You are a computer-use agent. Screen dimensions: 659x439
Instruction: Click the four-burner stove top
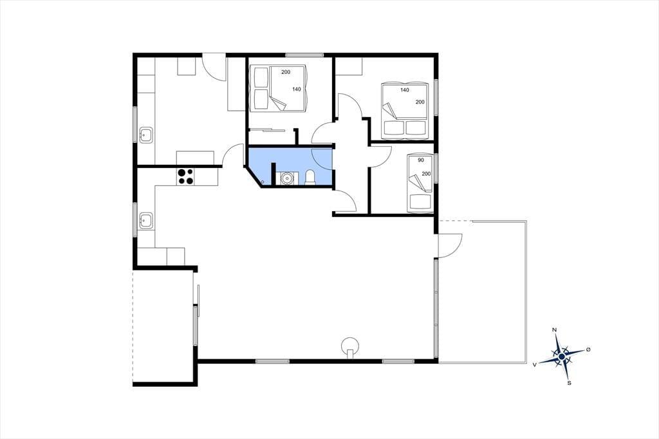click(x=185, y=176)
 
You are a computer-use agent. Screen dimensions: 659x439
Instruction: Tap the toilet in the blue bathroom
click(x=310, y=178)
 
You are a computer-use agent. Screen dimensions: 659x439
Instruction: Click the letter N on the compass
click(x=554, y=330)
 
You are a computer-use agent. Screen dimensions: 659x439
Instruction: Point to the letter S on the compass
click(x=569, y=383)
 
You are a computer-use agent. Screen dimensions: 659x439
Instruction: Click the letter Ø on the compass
click(x=588, y=350)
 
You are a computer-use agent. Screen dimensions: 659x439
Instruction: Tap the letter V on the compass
click(x=535, y=365)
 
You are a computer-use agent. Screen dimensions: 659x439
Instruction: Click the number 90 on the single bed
click(x=421, y=160)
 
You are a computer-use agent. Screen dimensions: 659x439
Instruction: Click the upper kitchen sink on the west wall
click(x=146, y=135)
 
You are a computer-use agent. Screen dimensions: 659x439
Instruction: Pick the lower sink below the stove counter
click(x=146, y=220)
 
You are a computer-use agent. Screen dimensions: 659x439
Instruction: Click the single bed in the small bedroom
click(x=420, y=183)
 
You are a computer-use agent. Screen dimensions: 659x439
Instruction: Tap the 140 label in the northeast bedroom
click(x=404, y=90)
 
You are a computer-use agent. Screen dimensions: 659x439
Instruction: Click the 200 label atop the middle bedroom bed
click(x=286, y=72)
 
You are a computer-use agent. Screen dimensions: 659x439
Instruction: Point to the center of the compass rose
click(x=562, y=357)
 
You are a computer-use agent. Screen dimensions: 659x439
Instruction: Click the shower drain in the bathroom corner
click(x=263, y=182)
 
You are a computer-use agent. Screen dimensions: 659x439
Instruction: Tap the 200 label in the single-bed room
click(x=426, y=174)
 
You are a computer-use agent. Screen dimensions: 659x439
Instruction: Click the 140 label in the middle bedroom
click(x=297, y=89)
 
